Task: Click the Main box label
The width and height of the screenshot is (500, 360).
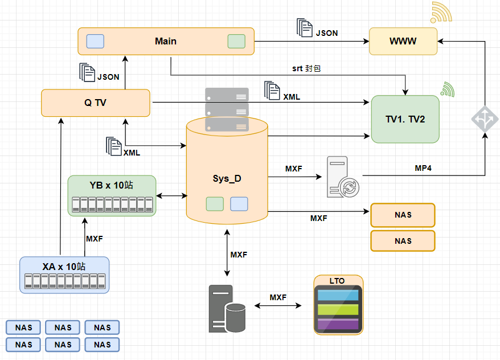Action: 166,41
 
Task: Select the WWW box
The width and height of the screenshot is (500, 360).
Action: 403,41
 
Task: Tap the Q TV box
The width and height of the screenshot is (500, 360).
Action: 96,103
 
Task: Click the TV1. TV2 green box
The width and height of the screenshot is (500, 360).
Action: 405,119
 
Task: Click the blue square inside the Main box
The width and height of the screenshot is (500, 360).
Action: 95,41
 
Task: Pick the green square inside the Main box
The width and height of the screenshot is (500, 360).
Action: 236,41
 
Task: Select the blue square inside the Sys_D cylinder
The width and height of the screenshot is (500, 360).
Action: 239,203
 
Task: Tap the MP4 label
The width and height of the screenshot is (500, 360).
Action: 423,169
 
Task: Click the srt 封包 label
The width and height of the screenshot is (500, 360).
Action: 307,68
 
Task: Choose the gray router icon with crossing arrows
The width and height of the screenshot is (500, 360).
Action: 485,119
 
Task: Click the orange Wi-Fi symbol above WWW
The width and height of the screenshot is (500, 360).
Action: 441,13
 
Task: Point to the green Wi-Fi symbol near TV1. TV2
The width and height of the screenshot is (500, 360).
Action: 447,89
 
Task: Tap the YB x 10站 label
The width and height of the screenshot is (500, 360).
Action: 112,186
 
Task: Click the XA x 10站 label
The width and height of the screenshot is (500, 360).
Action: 64,266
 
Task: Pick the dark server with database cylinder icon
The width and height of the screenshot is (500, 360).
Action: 227,309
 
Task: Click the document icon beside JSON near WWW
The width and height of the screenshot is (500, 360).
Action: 305,28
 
